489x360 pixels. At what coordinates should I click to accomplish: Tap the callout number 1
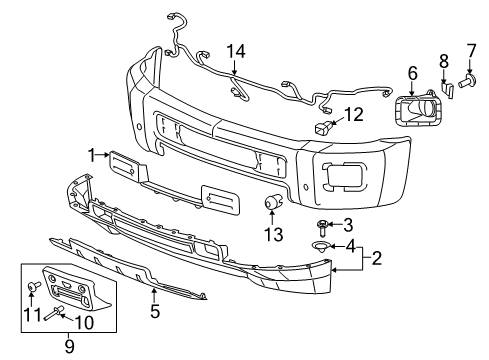pyautogui.click(x=91, y=155)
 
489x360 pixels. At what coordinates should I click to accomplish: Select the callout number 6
pyautogui.click(x=411, y=72)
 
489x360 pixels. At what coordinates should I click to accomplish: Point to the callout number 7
pyautogui.click(x=472, y=49)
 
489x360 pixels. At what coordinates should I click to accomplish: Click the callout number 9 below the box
pyautogui.click(x=68, y=348)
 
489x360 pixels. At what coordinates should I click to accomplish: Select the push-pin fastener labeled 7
pyautogui.click(x=471, y=78)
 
